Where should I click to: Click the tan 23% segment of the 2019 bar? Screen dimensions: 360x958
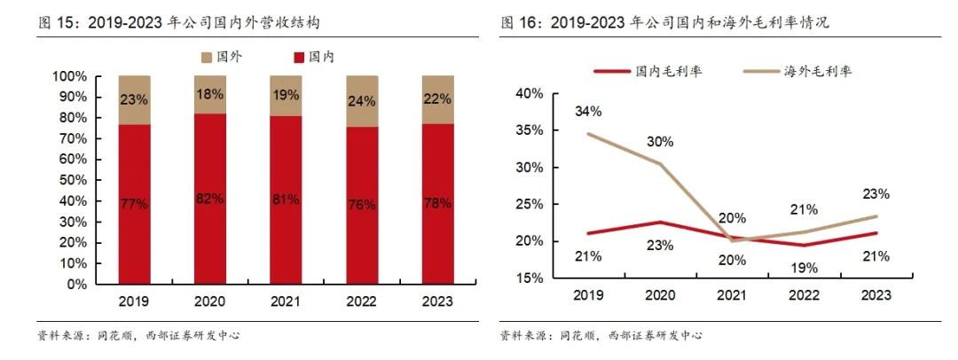pos(135,99)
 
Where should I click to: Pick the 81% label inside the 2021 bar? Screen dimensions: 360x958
pos(286,200)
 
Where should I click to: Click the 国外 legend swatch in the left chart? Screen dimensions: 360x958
pos(207,57)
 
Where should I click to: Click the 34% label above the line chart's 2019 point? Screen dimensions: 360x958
pos(588,112)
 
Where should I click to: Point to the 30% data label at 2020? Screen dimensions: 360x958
pos(660,141)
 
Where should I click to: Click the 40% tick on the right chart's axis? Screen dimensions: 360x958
pos(528,93)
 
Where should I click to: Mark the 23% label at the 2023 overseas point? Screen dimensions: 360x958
pos(876,193)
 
